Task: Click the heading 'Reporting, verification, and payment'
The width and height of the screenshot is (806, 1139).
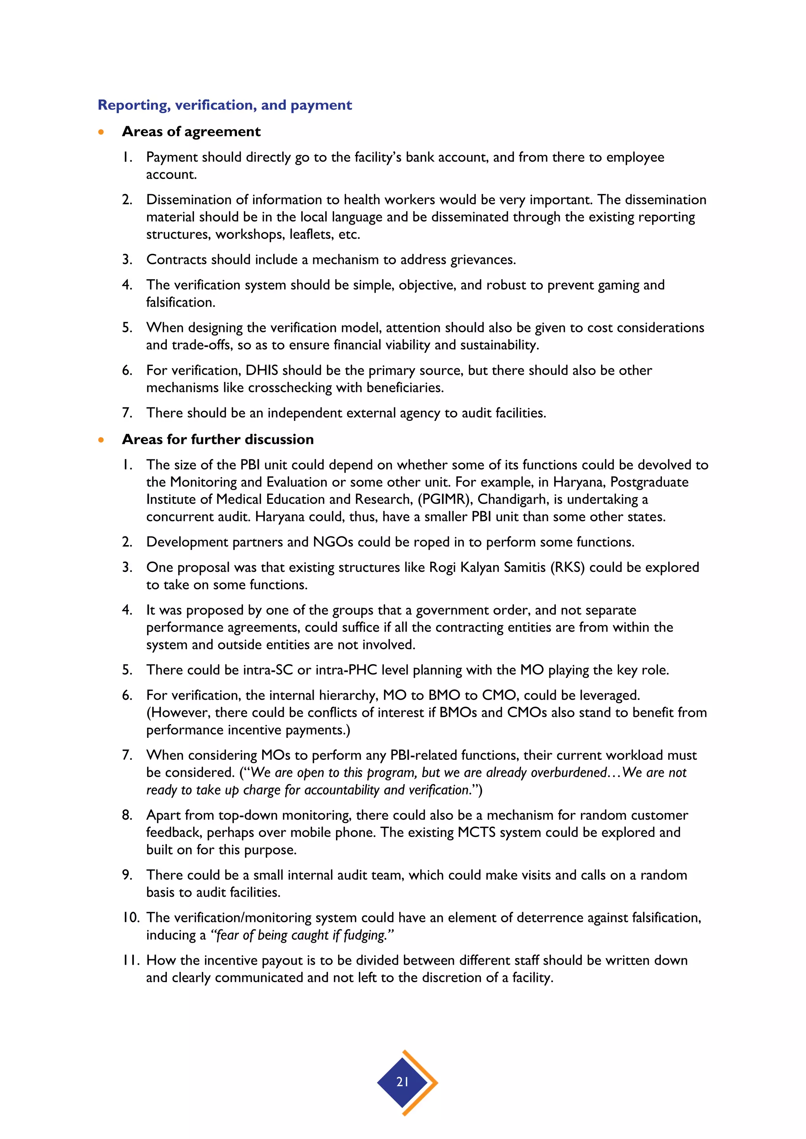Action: coord(224,105)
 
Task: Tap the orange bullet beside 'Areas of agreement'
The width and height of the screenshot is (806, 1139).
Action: coord(101,132)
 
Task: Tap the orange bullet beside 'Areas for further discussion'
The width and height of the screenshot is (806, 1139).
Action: coord(101,440)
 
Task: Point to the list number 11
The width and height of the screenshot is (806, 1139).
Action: coord(131,960)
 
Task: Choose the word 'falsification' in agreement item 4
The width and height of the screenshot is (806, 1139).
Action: coord(180,302)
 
